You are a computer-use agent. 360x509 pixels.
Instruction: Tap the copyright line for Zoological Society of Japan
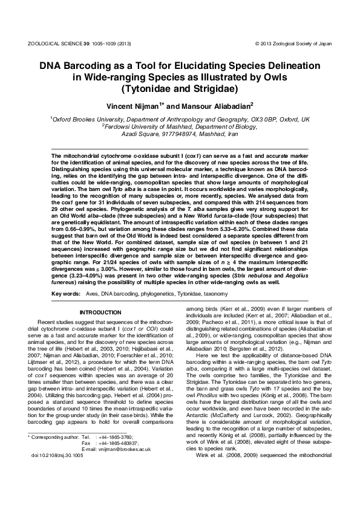293,44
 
